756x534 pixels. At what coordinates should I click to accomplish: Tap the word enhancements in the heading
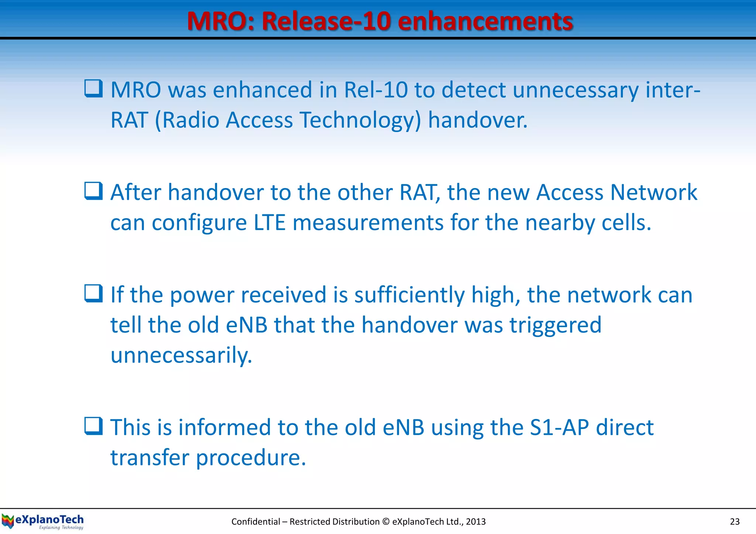(485, 21)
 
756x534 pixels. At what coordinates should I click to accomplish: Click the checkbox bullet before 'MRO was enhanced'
(93, 89)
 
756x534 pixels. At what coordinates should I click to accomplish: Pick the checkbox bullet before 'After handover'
(93, 191)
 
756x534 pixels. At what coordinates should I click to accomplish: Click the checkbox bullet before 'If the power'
(93, 294)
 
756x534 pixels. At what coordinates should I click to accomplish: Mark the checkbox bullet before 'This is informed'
(93, 426)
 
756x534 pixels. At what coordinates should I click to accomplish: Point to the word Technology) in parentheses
(360, 120)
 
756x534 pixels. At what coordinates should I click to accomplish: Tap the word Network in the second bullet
(653, 193)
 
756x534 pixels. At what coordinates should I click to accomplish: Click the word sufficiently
(409, 295)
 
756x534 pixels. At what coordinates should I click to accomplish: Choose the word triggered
(556, 325)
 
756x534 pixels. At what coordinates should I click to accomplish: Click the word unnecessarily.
(181, 355)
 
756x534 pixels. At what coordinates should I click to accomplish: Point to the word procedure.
(251, 458)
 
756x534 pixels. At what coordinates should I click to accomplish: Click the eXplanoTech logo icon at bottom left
(7, 521)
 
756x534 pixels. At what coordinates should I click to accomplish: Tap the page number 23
(735, 521)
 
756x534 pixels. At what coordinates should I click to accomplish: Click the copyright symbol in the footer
(386, 521)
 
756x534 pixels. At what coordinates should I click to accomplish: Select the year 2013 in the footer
(476, 521)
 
